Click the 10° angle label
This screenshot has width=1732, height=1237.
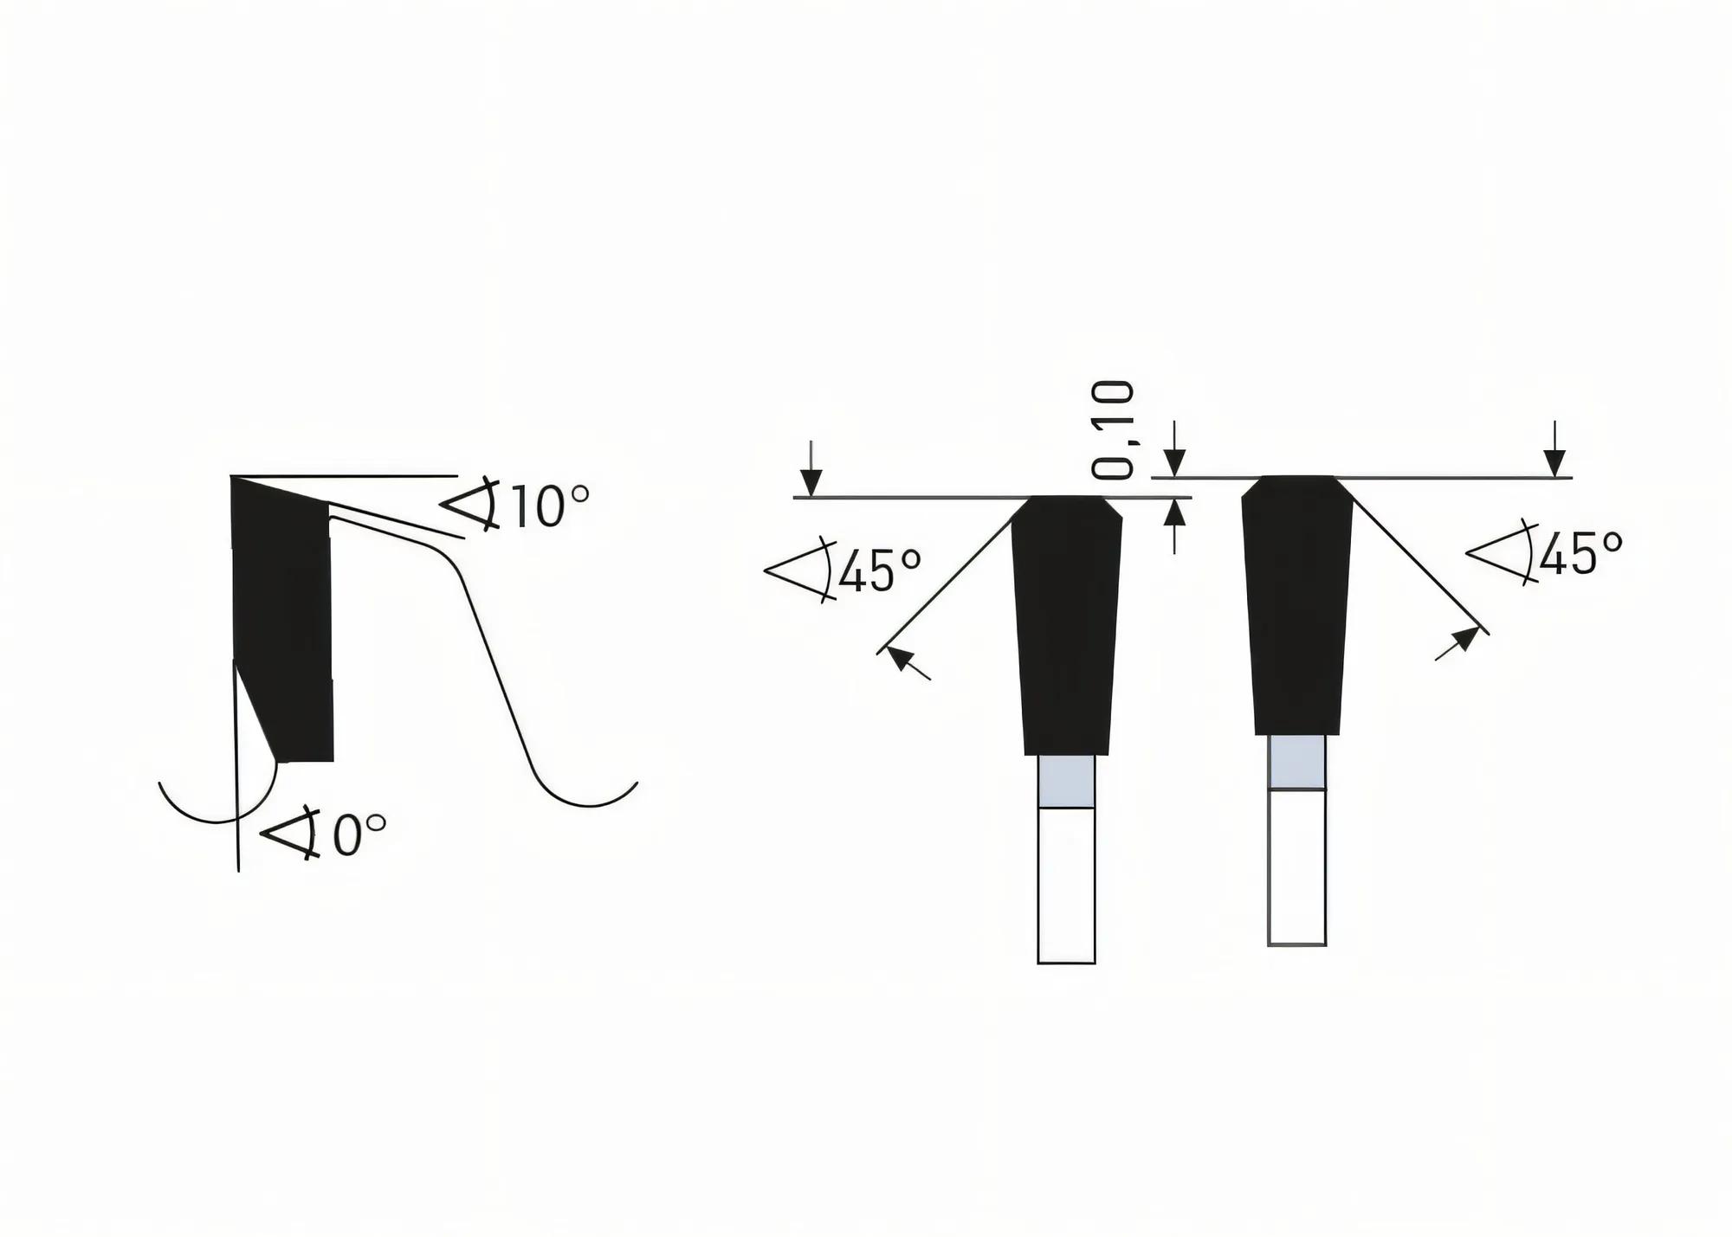[x=550, y=507]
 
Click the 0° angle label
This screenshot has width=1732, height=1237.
[x=359, y=835]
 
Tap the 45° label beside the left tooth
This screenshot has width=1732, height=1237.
[x=879, y=570]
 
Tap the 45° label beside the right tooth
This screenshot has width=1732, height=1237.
[x=1580, y=553]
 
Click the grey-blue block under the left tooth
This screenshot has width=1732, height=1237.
[x=1066, y=781]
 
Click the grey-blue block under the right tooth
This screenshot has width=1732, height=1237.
[x=1296, y=762]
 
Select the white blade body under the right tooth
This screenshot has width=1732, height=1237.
[x=1296, y=866]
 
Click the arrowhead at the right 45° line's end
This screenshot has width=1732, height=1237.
[x=1463, y=640]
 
